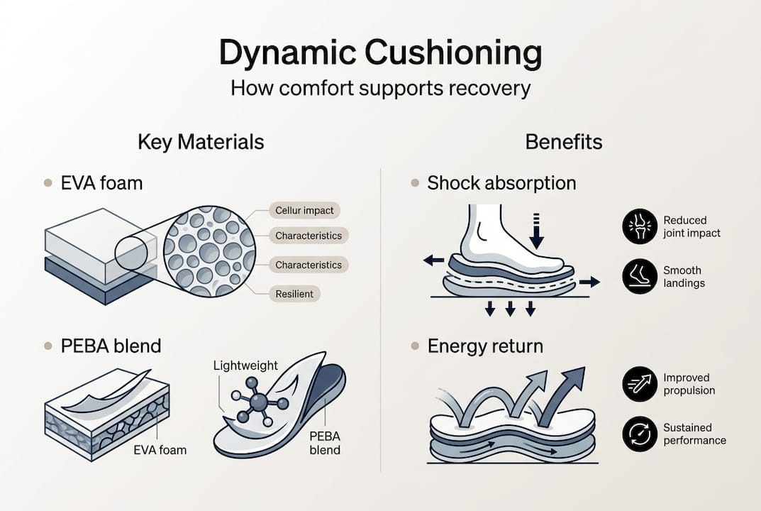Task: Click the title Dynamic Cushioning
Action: click(380, 54)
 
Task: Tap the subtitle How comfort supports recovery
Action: click(380, 89)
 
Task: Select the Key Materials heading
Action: click(201, 141)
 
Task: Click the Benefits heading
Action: click(564, 141)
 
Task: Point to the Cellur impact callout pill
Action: click(304, 210)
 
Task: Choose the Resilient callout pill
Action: click(294, 293)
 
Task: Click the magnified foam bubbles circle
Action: click(209, 251)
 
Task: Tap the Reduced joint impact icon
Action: click(639, 226)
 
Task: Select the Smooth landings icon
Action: click(639, 277)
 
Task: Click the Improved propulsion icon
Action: click(639, 384)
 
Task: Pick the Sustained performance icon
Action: click(639, 434)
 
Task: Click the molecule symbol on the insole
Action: click(258, 402)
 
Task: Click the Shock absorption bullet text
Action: click(501, 183)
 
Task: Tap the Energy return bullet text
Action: click(485, 346)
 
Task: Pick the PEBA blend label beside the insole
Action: click(325, 443)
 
